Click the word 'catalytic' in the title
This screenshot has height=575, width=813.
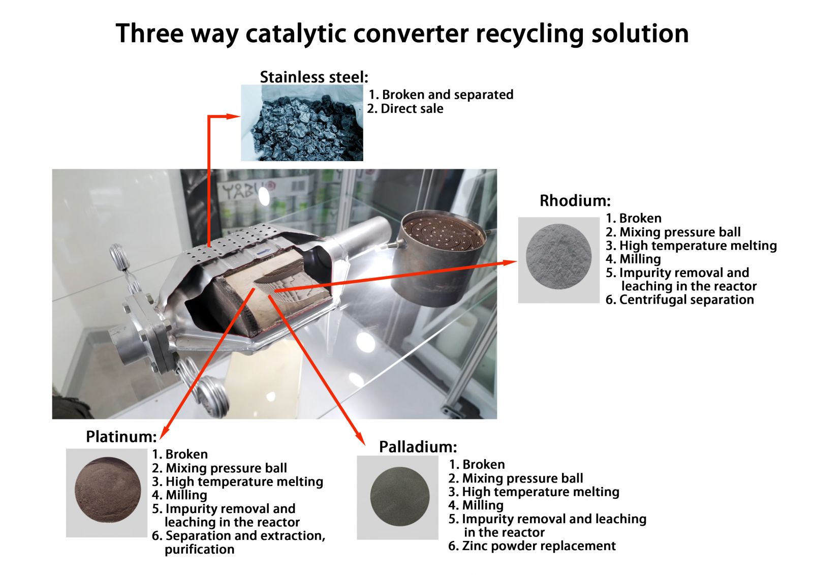click(x=295, y=34)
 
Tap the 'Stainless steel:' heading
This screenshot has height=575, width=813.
click(x=314, y=77)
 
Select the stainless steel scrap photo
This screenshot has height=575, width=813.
click(x=302, y=123)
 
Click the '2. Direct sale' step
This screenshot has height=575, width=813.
click(x=405, y=109)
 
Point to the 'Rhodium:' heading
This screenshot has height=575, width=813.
click(x=575, y=200)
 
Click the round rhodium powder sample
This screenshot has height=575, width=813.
click(x=558, y=256)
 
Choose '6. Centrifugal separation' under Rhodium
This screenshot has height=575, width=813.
click(x=680, y=299)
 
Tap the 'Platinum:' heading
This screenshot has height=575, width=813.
click(x=121, y=437)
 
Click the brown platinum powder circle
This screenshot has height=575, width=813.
click(x=108, y=490)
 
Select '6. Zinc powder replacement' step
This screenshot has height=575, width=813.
click(x=532, y=546)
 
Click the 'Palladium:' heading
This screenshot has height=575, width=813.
click(x=418, y=447)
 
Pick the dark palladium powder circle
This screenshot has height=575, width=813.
click(x=400, y=497)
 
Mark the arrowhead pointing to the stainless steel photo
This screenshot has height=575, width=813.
click(x=233, y=116)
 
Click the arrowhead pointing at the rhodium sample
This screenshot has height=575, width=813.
click(x=510, y=262)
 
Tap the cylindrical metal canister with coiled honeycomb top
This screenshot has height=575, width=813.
click(x=439, y=257)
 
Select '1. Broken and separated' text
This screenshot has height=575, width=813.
click(x=441, y=95)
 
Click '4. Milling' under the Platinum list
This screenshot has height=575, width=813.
click(x=180, y=495)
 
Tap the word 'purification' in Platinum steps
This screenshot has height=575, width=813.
click(x=199, y=549)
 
